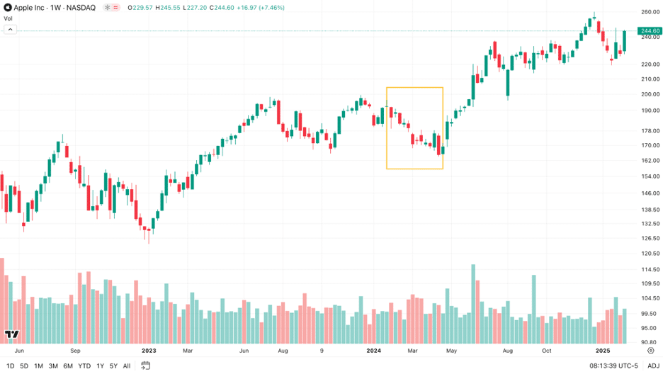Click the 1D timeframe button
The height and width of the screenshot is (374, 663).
10,365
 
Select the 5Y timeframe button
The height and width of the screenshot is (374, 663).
113,365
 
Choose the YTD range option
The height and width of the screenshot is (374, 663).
84,365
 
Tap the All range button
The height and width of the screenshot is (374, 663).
127,365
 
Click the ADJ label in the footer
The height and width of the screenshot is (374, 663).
653,365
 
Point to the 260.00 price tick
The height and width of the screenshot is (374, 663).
650,12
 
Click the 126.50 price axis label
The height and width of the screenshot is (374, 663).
650,238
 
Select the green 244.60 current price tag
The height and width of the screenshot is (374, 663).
650,30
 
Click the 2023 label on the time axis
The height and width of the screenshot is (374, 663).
149,351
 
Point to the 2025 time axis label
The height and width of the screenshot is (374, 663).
603,351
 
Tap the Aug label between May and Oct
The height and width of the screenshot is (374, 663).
507,351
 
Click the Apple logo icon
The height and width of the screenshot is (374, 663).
8,7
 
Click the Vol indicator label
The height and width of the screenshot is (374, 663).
8,18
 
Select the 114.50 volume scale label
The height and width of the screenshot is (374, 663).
650,269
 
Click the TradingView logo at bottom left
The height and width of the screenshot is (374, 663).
11,334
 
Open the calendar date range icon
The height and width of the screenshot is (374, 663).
146,365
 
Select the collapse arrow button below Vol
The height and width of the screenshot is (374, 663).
10,30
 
